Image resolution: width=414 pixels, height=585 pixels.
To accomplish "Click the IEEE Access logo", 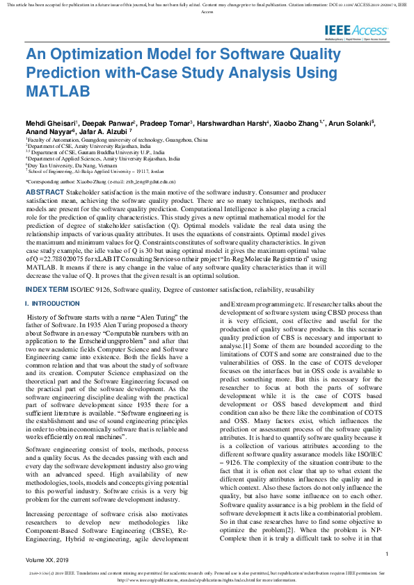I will click(x=356, y=31).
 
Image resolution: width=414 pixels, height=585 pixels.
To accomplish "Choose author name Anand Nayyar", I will click(x=49, y=131).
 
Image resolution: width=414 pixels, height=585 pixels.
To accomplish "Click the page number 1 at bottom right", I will click(x=386, y=553).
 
